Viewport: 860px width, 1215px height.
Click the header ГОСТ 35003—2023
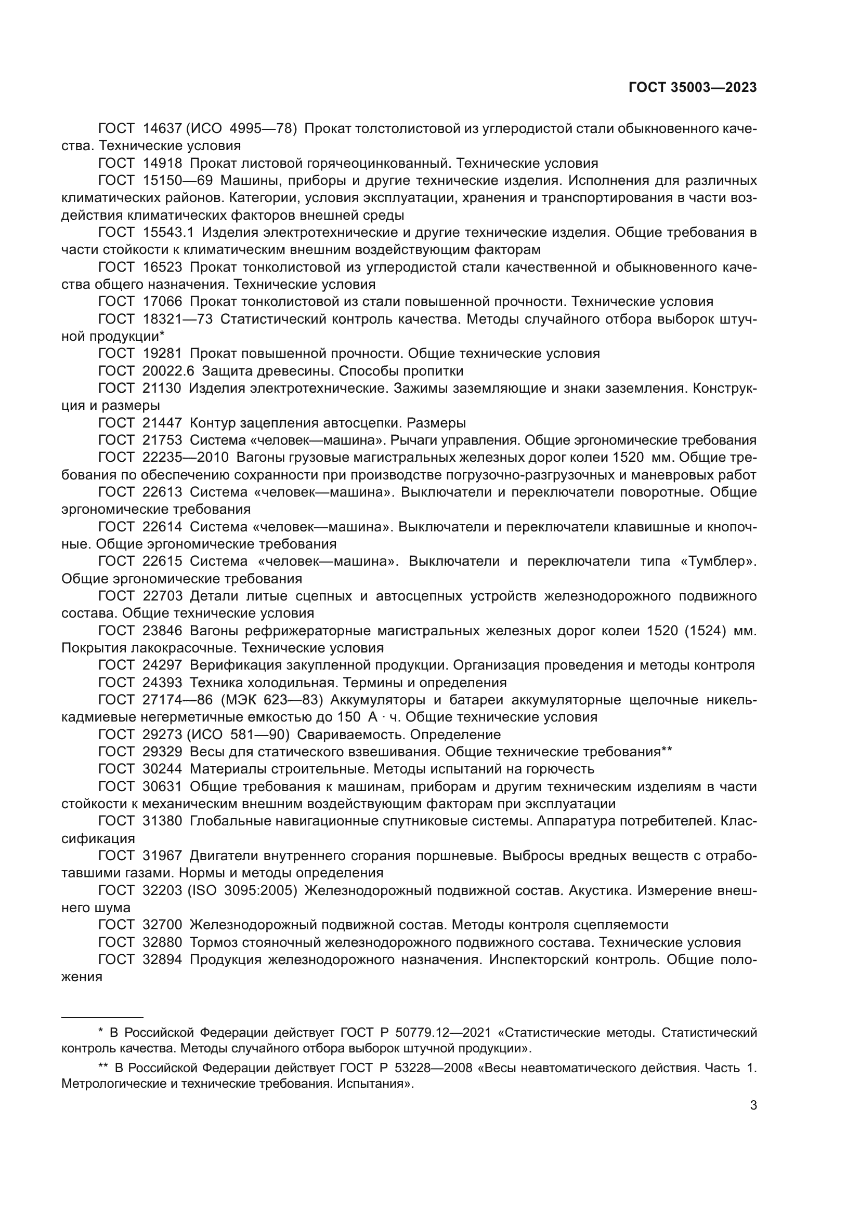(692, 88)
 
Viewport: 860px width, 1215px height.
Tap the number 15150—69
(177, 180)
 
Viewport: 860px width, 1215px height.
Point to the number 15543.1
(168, 232)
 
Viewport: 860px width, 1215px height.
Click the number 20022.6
(168, 370)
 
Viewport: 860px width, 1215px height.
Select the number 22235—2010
(185, 457)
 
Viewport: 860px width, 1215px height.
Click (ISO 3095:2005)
(241, 891)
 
